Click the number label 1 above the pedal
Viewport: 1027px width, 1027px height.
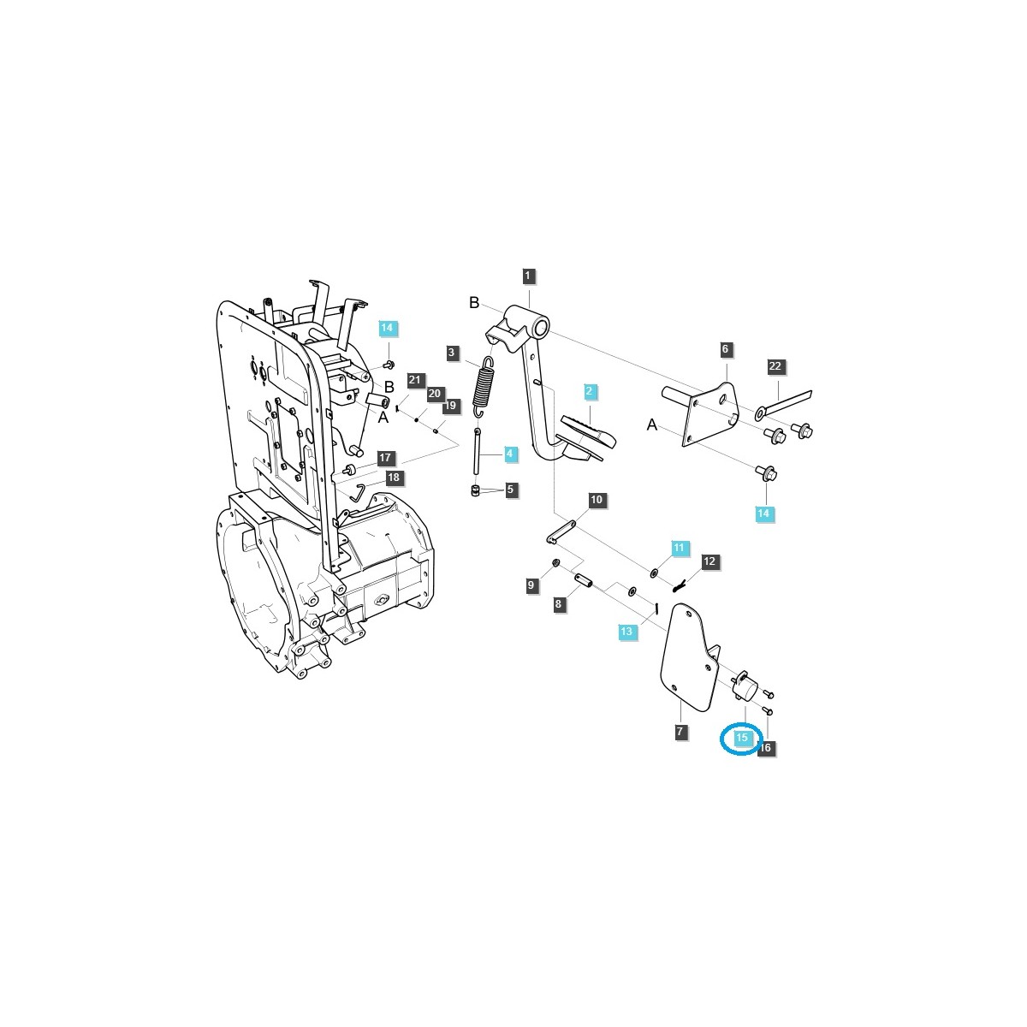click(529, 276)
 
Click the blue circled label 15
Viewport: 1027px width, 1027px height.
click(741, 738)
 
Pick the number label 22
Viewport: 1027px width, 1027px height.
click(775, 366)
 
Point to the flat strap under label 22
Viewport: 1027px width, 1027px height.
click(785, 405)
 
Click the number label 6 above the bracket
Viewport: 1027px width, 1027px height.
click(725, 349)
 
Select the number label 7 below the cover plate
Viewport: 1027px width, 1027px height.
click(680, 732)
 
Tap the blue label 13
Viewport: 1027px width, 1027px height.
click(627, 632)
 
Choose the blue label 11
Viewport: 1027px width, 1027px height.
click(679, 547)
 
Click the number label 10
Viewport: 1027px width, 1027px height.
click(596, 500)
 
